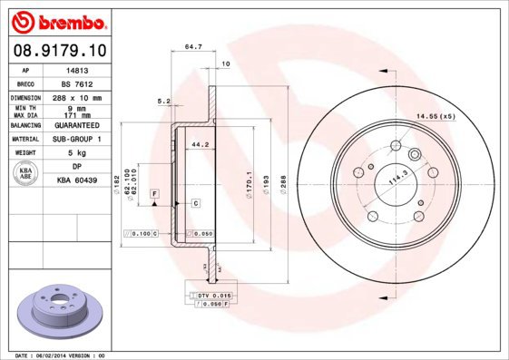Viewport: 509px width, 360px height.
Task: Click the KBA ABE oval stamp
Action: coord(24,174)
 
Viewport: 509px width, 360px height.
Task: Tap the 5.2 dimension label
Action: coord(164,101)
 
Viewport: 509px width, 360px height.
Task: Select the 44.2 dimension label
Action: coord(201,143)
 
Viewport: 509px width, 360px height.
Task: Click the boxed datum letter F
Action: coord(155,195)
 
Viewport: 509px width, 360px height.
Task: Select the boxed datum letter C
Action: coord(195,203)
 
